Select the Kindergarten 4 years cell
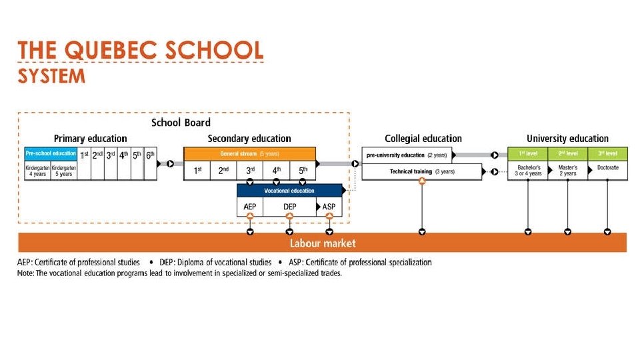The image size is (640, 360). pos(37,171)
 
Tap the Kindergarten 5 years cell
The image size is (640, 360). pos(64,171)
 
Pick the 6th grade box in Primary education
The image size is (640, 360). pos(151,162)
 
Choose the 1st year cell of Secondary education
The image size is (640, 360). pos(197,171)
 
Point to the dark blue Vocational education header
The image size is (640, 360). pos(289,191)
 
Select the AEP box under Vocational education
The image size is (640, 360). pos(250,207)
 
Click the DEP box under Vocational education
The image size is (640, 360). pos(289,207)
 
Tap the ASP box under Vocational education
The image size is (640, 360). pos(329,207)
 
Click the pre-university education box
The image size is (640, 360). pos(407,155)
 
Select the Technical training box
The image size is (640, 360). pos(421,172)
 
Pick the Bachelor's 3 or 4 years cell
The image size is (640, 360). pos(528,171)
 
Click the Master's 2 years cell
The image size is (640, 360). pos(567,171)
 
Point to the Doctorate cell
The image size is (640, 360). pos(607,169)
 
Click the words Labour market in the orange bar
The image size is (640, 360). pos(323,243)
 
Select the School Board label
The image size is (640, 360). pos(181,123)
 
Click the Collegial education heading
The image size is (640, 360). pos(423,139)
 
